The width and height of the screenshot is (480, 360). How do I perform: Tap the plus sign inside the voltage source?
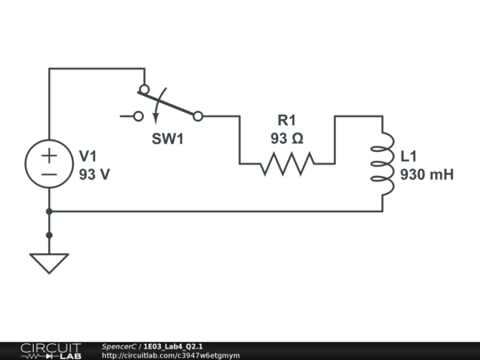49,155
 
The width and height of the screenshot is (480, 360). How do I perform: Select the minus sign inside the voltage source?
49,174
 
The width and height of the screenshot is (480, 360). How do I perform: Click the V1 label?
90,156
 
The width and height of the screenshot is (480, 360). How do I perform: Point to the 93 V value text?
94,174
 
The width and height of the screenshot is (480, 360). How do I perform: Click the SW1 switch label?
168,139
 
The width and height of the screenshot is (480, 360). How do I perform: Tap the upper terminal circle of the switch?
144,89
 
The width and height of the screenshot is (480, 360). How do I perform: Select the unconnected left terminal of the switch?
138,116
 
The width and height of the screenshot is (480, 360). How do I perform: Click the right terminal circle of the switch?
197,116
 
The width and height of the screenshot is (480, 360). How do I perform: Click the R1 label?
286,120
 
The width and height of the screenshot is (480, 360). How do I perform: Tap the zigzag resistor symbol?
286,164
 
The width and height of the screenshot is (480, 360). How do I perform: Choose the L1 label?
410,156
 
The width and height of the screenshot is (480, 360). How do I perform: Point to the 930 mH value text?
427,174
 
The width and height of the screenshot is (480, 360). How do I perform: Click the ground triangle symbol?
49,263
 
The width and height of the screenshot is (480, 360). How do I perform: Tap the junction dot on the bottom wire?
49,212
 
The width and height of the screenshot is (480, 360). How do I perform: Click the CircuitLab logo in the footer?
50,350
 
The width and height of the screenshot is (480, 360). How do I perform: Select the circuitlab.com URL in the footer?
171,356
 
